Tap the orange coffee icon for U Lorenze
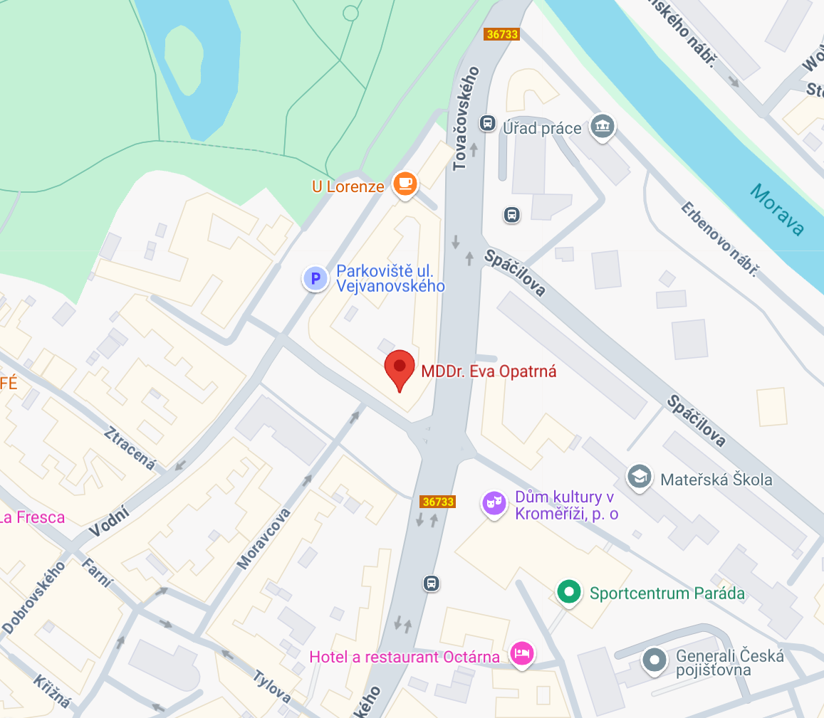click(x=405, y=184)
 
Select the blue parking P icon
click(x=315, y=278)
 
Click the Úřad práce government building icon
click(x=603, y=127)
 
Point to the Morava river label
click(x=777, y=209)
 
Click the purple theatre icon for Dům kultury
click(x=493, y=503)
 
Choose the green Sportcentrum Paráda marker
click(x=568, y=591)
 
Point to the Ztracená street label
click(x=130, y=448)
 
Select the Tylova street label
click(x=271, y=685)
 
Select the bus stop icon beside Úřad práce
click(x=487, y=123)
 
